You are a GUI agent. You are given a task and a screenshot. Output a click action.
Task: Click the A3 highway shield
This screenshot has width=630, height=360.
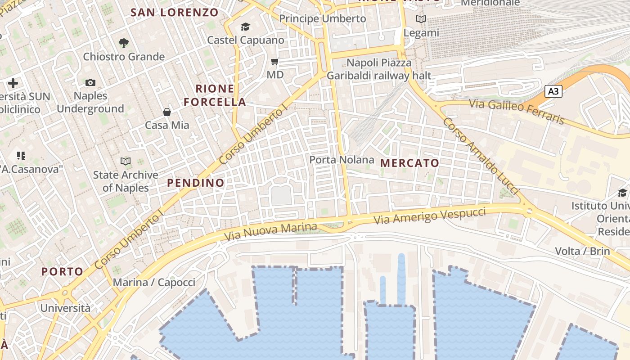(x=554, y=91)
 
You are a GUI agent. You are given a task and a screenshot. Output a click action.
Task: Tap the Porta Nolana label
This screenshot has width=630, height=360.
(x=342, y=160)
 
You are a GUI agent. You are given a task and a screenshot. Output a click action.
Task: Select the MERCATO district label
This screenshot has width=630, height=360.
(x=409, y=163)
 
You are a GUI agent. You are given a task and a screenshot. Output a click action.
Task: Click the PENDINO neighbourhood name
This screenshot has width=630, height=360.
(x=196, y=183)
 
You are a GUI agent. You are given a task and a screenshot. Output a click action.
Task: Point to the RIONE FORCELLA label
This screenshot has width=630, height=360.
(x=215, y=95)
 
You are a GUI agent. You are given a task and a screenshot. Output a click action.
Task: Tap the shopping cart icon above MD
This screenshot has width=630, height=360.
(x=274, y=61)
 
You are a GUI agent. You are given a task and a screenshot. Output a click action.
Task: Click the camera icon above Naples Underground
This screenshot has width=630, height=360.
(x=90, y=82)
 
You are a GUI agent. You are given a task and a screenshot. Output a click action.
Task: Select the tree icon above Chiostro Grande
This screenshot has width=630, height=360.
(x=124, y=43)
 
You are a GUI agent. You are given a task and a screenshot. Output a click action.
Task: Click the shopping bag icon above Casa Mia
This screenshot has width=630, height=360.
(x=167, y=112)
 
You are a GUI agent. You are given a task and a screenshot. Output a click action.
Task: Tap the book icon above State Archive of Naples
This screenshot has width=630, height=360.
(x=126, y=161)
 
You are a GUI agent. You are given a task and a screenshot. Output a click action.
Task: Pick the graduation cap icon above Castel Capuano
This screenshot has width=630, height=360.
(x=245, y=27)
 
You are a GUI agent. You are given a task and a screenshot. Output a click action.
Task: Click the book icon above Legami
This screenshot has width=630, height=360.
(x=421, y=19)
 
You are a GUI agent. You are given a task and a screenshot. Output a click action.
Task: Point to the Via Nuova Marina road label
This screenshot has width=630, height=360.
(x=271, y=231)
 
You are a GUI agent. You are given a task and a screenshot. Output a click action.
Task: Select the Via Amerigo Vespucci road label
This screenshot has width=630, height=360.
(x=430, y=215)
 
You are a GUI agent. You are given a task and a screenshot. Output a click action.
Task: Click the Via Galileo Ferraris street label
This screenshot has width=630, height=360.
(x=517, y=111)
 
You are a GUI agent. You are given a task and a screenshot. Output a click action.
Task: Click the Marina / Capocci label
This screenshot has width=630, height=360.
(x=154, y=283)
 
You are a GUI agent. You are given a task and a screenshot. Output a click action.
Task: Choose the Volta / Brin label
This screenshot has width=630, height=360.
(x=582, y=251)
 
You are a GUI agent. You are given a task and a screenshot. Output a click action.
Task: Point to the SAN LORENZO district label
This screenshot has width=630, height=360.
(x=175, y=13)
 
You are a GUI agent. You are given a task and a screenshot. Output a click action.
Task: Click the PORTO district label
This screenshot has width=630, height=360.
(x=62, y=272)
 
